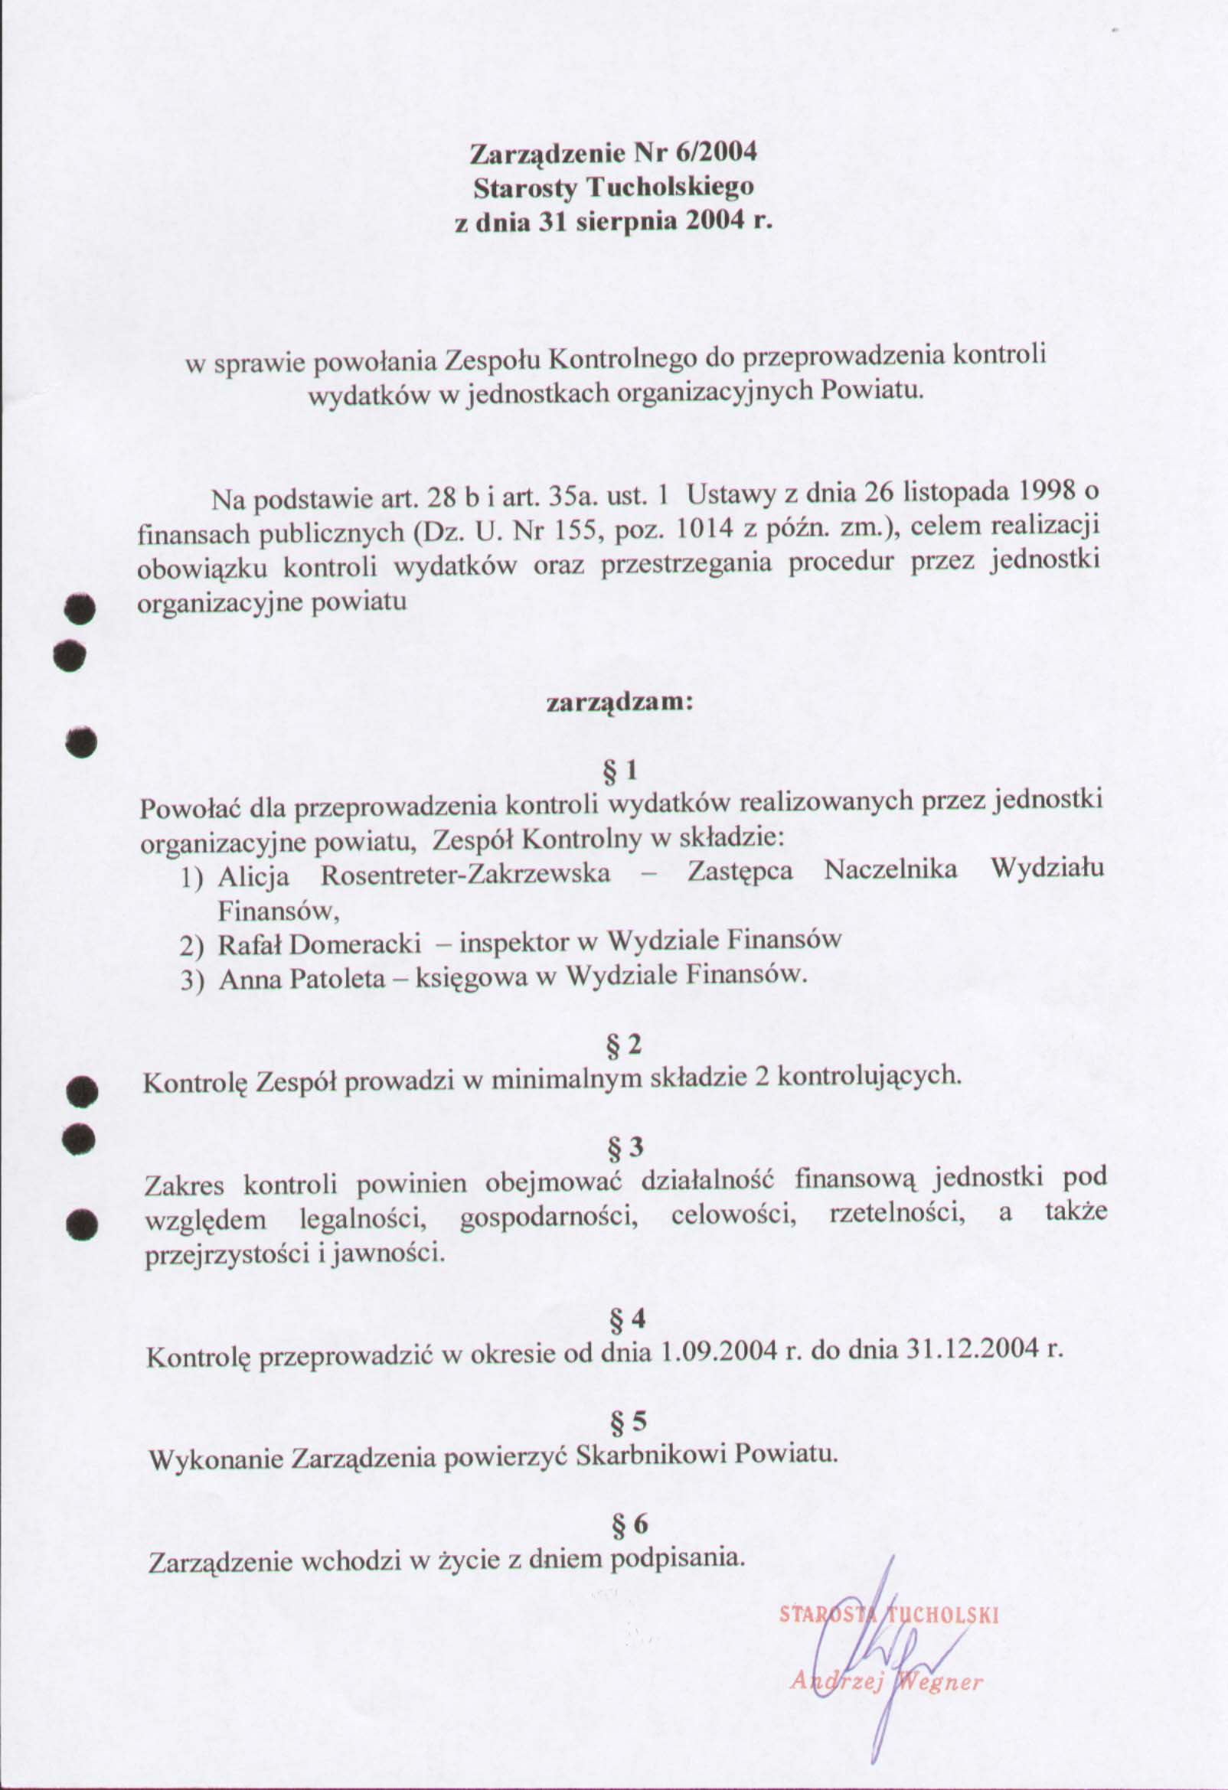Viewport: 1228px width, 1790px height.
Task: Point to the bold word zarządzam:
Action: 620,704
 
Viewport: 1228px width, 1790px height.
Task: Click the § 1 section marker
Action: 620,770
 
